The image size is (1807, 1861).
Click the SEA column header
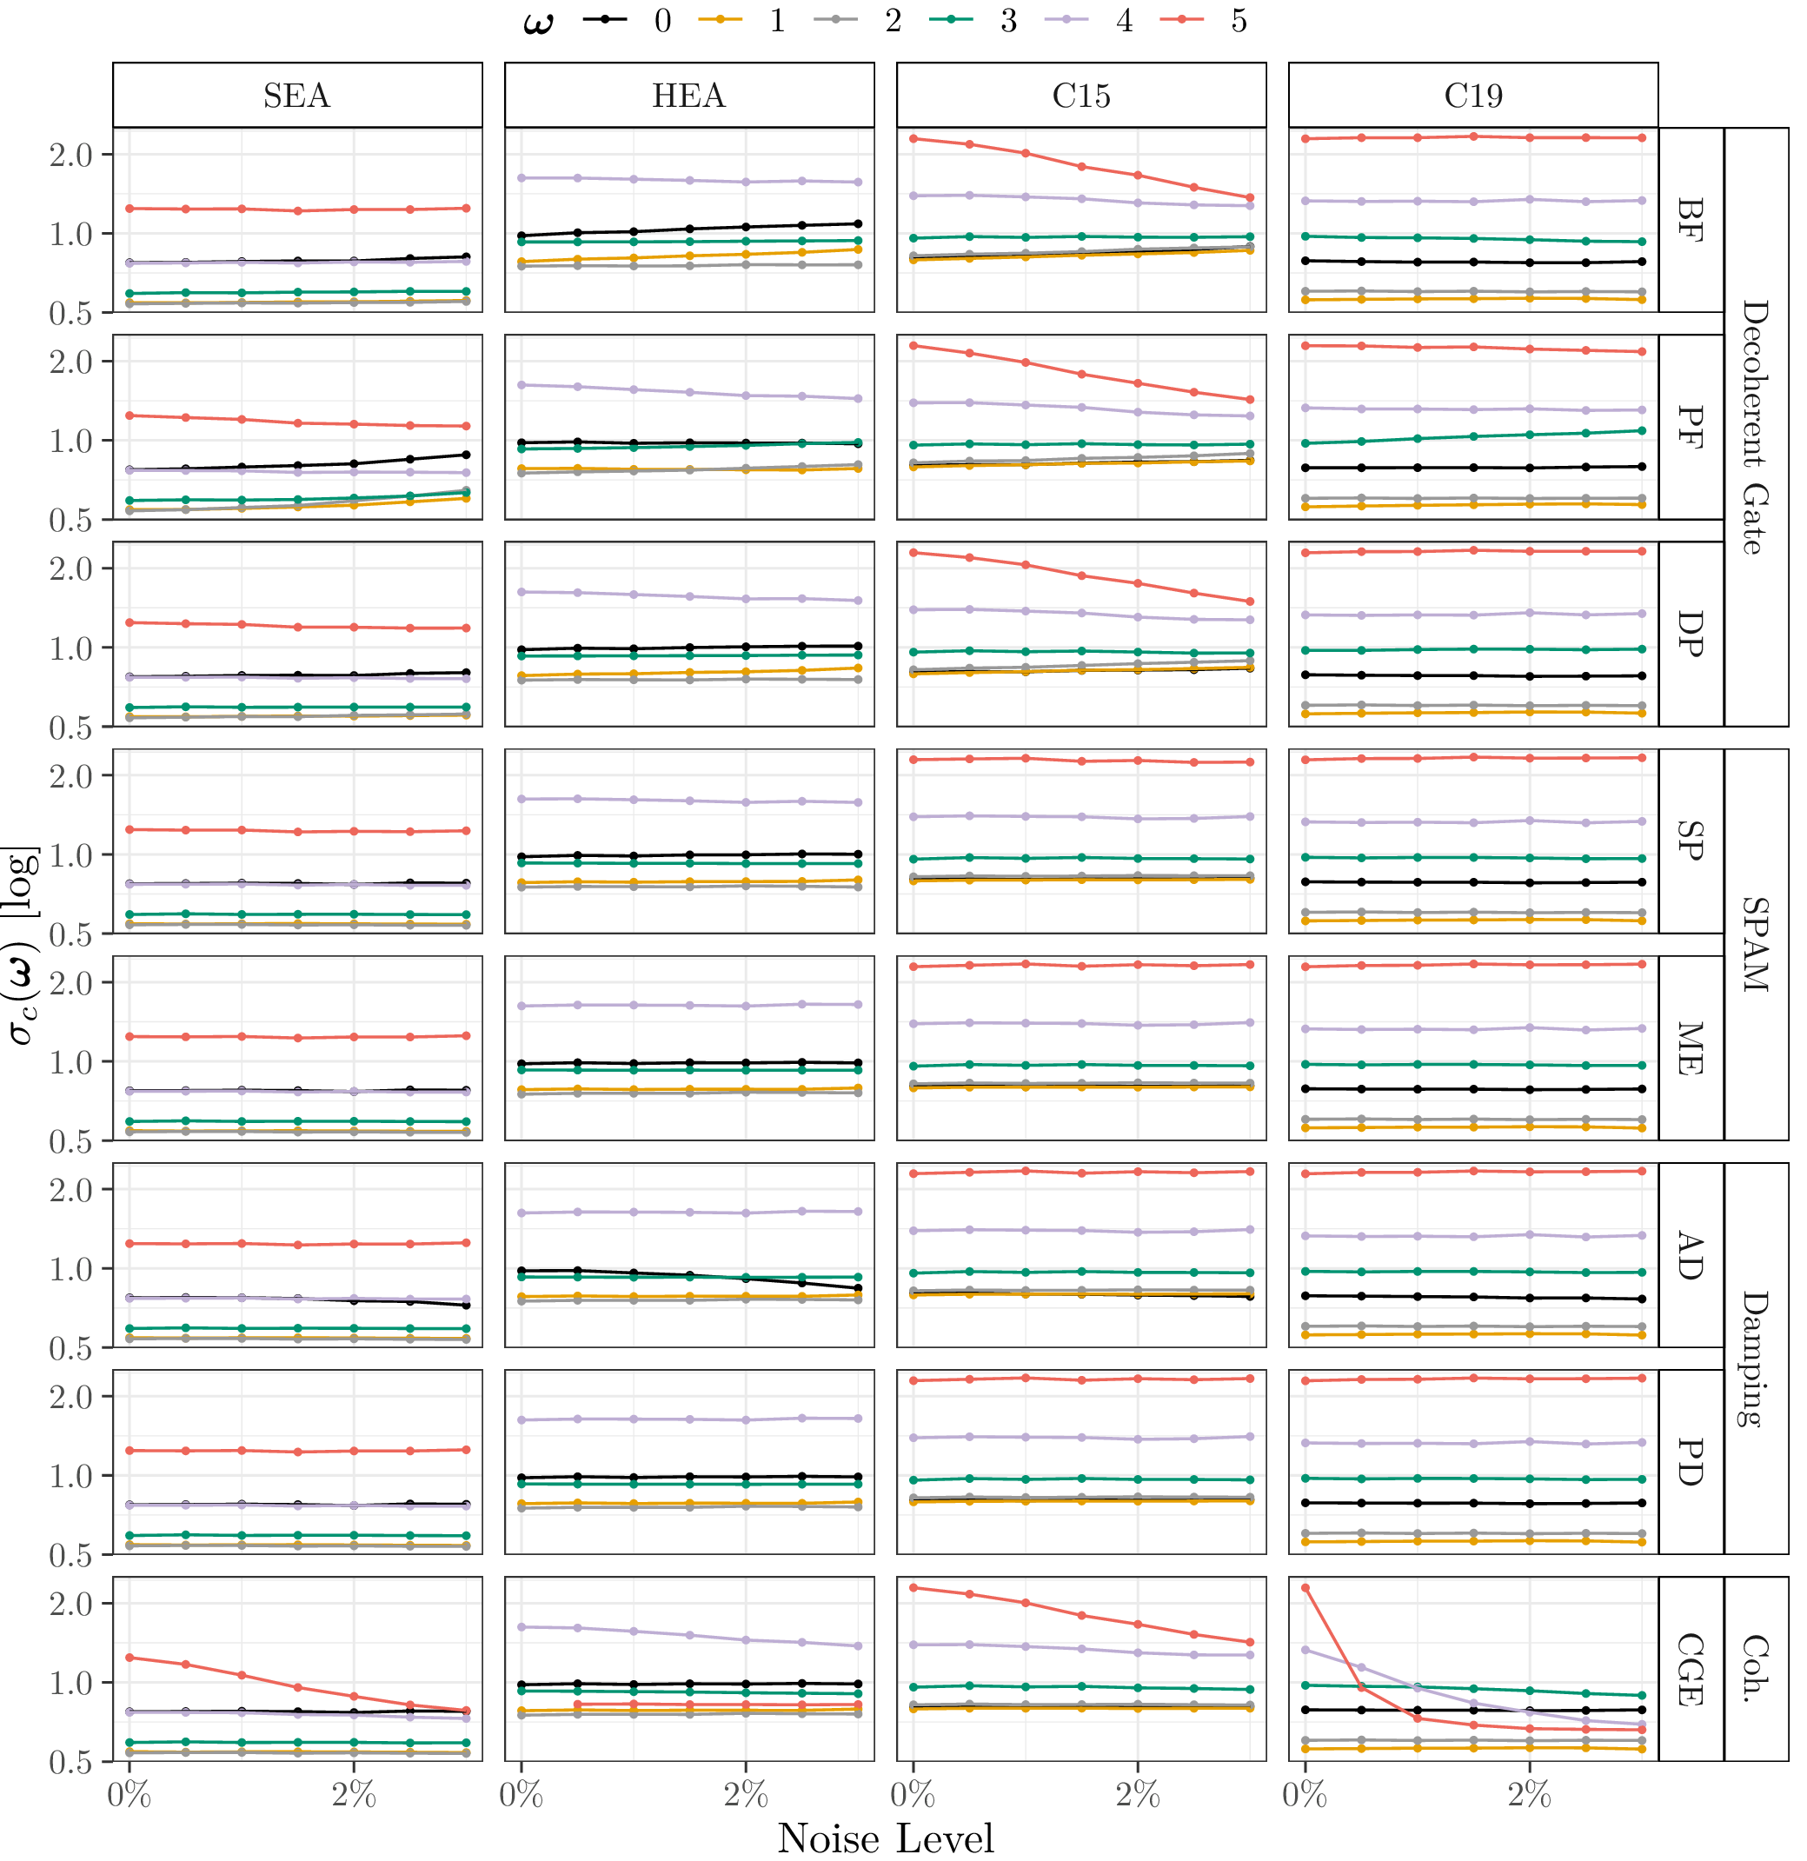[x=297, y=95]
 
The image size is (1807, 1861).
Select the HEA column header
[x=688, y=95]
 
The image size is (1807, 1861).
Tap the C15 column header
[x=1080, y=95]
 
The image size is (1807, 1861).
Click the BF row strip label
[x=1691, y=220]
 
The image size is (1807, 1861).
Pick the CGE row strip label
[x=1691, y=1669]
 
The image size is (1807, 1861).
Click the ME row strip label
[x=1691, y=1048]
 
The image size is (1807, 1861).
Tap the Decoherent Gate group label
[x=1756, y=428]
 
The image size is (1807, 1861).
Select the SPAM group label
[x=1756, y=945]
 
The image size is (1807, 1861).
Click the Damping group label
[x=1756, y=1359]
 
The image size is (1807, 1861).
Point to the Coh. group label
[x=1756, y=1669]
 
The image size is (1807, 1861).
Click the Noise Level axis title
[x=885, y=1838]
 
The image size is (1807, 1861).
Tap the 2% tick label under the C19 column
[x=1529, y=1795]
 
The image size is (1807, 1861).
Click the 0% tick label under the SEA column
[x=130, y=1795]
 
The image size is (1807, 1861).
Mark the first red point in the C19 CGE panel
[x=1305, y=1587]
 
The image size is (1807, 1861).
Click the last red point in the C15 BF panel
[x=1250, y=198]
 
